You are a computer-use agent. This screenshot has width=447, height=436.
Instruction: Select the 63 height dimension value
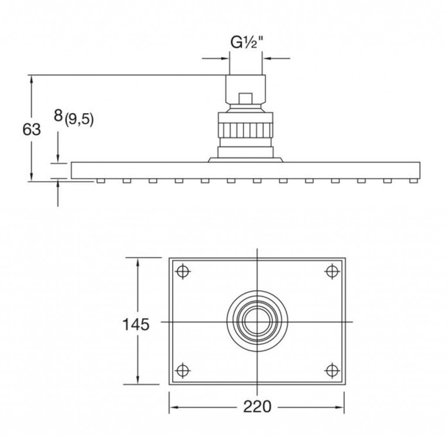click(x=31, y=129)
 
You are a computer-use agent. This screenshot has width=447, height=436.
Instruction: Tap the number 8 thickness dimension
click(x=58, y=116)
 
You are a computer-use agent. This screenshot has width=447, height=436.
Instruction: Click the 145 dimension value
click(x=136, y=324)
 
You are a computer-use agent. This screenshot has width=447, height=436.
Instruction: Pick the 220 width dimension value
click(x=257, y=407)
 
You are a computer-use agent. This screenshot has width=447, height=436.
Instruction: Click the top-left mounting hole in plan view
click(x=183, y=271)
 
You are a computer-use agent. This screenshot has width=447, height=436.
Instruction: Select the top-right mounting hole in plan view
click(x=332, y=271)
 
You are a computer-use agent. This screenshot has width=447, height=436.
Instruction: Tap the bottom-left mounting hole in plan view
click(x=183, y=371)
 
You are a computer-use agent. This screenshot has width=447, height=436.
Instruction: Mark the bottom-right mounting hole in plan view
click(x=332, y=371)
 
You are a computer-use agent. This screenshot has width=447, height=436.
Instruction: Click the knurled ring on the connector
click(x=245, y=130)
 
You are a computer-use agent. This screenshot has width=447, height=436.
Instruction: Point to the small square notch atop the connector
click(x=245, y=97)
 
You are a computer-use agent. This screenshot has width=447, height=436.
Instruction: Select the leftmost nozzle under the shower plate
click(x=101, y=180)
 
